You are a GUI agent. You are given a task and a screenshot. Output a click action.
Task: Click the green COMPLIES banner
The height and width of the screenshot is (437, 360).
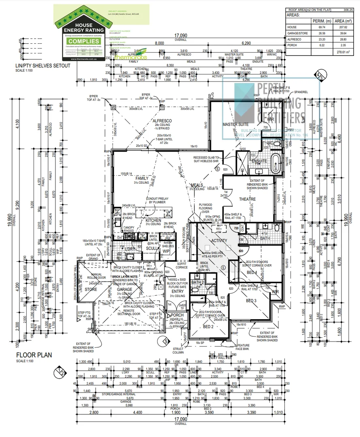click(x=84, y=41)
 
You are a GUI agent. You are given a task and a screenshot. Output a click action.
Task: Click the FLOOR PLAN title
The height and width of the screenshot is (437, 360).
click(x=35, y=355)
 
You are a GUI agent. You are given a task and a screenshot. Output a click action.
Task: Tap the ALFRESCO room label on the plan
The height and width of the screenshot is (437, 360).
click(x=162, y=121)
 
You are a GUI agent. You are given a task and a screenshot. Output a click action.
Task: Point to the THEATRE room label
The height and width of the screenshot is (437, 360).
click(x=247, y=199)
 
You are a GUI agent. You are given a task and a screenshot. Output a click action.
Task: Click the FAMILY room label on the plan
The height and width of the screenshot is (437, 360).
click(x=142, y=178)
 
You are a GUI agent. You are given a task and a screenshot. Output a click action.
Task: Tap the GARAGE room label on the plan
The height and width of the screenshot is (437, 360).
click(x=125, y=290)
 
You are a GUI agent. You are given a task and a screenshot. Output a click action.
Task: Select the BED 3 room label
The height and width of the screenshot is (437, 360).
click(x=251, y=301)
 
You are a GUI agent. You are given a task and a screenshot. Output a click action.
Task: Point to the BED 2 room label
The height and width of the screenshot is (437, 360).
click(x=209, y=326)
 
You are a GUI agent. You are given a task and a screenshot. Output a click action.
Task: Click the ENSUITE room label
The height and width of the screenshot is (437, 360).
click(x=259, y=161)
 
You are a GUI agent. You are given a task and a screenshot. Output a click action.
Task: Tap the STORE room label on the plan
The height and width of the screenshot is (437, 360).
click(x=91, y=289)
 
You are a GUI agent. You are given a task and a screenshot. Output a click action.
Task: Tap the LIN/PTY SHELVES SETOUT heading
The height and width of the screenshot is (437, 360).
click(x=35, y=65)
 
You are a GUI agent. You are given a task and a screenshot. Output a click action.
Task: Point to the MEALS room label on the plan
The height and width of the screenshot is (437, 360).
click(x=197, y=185)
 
